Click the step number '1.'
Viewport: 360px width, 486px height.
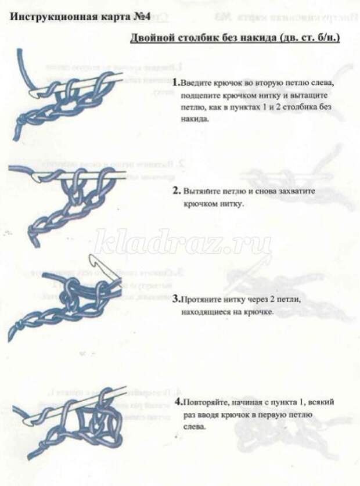(176, 83)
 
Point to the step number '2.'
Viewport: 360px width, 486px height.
(176, 190)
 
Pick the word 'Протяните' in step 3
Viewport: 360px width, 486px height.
(201, 300)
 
